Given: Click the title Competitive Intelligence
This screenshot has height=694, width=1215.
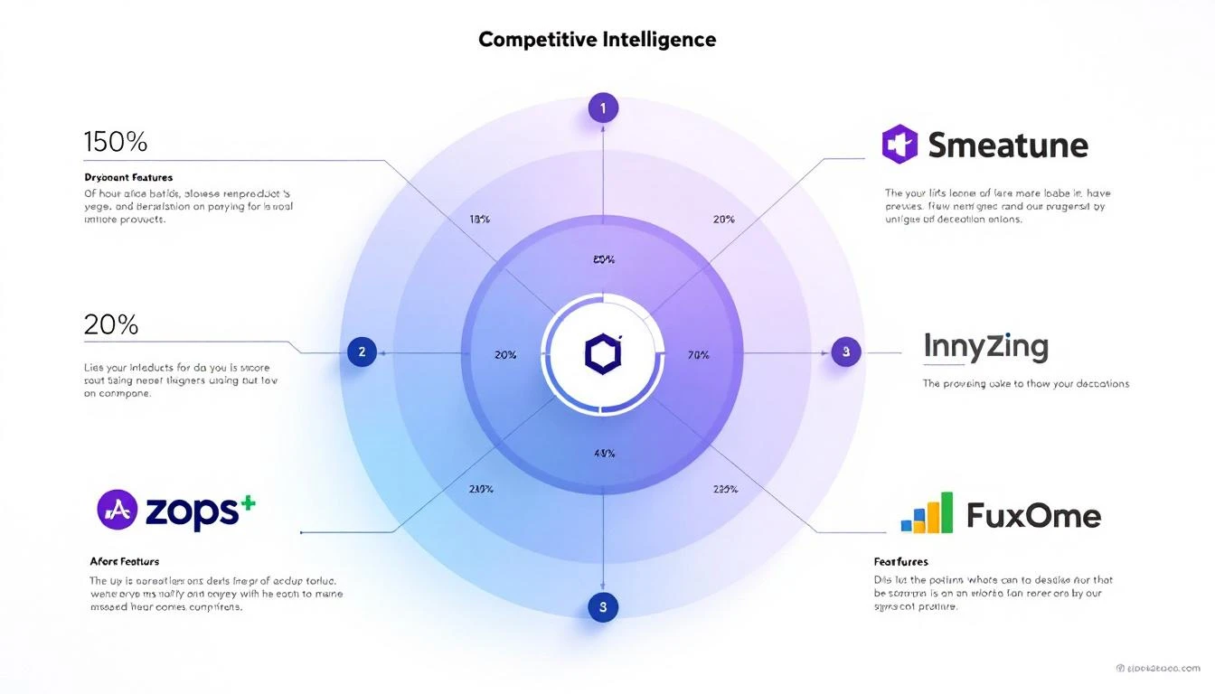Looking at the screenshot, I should coord(597,40).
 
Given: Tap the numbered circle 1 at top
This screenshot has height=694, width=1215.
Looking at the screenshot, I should coord(603,108).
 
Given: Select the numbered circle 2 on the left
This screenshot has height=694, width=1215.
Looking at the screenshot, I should coord(362,352).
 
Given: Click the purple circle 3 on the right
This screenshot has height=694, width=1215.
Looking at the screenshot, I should coord(845,352).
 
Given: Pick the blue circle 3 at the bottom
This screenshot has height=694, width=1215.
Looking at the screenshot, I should coord(603,606).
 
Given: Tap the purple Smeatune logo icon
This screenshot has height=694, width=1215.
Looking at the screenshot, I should coord(899,145).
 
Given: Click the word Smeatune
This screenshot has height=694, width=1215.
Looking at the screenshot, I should coord(1008,145).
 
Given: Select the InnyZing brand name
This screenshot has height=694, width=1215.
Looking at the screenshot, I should coord(985,347).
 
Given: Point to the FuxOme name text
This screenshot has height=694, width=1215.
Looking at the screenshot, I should coord(1033,516).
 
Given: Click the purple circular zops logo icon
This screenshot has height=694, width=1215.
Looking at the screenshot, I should coord(117,510).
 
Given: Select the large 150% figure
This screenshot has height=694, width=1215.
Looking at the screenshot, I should coord(115,142).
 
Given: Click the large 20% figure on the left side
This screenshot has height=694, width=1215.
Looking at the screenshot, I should coord(110,324).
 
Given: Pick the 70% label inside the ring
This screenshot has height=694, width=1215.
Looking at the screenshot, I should coord(699,355).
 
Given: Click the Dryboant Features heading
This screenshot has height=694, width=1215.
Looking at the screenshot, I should coord(128,178).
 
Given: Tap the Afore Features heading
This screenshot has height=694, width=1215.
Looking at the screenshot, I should coord(124,561).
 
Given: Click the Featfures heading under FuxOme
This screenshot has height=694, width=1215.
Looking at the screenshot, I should coord(900,561).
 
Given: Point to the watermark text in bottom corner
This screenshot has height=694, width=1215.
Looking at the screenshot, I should coord(1160,668).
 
